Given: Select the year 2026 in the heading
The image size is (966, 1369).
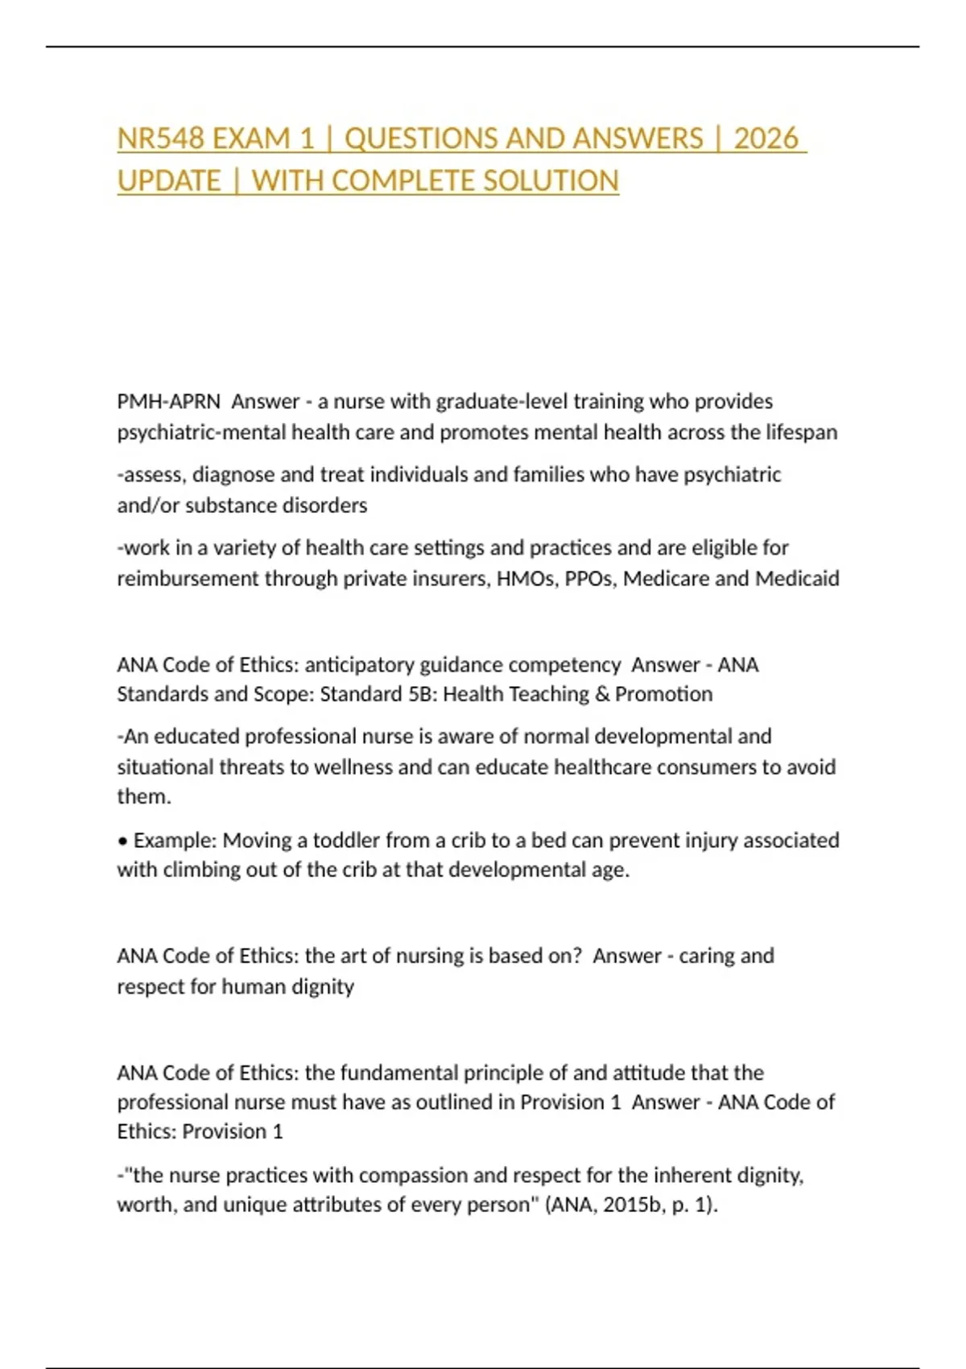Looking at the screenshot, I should tap(766, 139).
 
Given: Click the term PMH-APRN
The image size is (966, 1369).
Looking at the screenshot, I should tap(168, 401).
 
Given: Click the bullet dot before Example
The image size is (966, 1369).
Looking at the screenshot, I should tap(122, 841).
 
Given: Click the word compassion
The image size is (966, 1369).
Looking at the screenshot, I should tap(413, 1176).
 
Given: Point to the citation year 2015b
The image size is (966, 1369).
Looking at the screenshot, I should tap(633, 1205).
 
